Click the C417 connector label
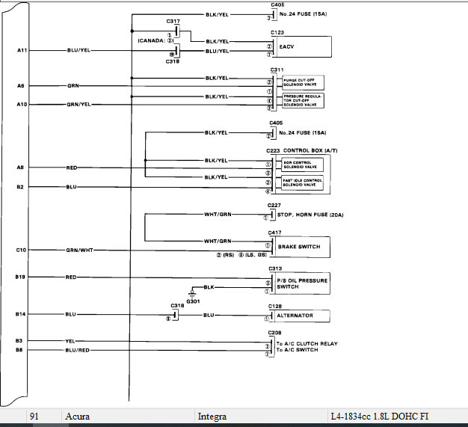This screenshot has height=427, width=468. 276,233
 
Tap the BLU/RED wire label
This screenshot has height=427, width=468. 78,349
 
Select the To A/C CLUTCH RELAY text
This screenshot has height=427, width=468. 307,344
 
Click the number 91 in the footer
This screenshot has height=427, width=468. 35,416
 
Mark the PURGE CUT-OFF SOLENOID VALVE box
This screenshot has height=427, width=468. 302,82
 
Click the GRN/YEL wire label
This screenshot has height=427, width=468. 78,105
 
